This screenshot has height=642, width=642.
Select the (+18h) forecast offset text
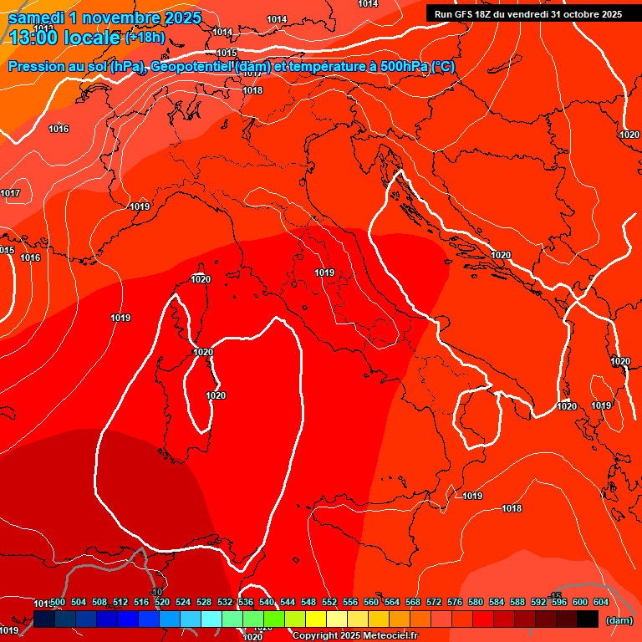point(145,38)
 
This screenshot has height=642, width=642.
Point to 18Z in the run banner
point(482,14)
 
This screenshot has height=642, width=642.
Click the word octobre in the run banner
point(577,14)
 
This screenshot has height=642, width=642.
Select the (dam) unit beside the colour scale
point(619,620)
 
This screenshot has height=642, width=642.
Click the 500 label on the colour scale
point(58,603)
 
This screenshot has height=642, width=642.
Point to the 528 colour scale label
point(204,603)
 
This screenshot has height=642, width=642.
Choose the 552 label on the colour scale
point(329,603)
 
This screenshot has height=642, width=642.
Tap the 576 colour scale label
point(455,603)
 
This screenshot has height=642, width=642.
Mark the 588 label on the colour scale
point(517,603)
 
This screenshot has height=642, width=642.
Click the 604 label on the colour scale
point(600,603)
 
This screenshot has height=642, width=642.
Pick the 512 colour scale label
point(120,603)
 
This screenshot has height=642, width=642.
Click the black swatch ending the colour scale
point(588,619)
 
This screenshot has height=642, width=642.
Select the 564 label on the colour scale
point(392,603)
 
